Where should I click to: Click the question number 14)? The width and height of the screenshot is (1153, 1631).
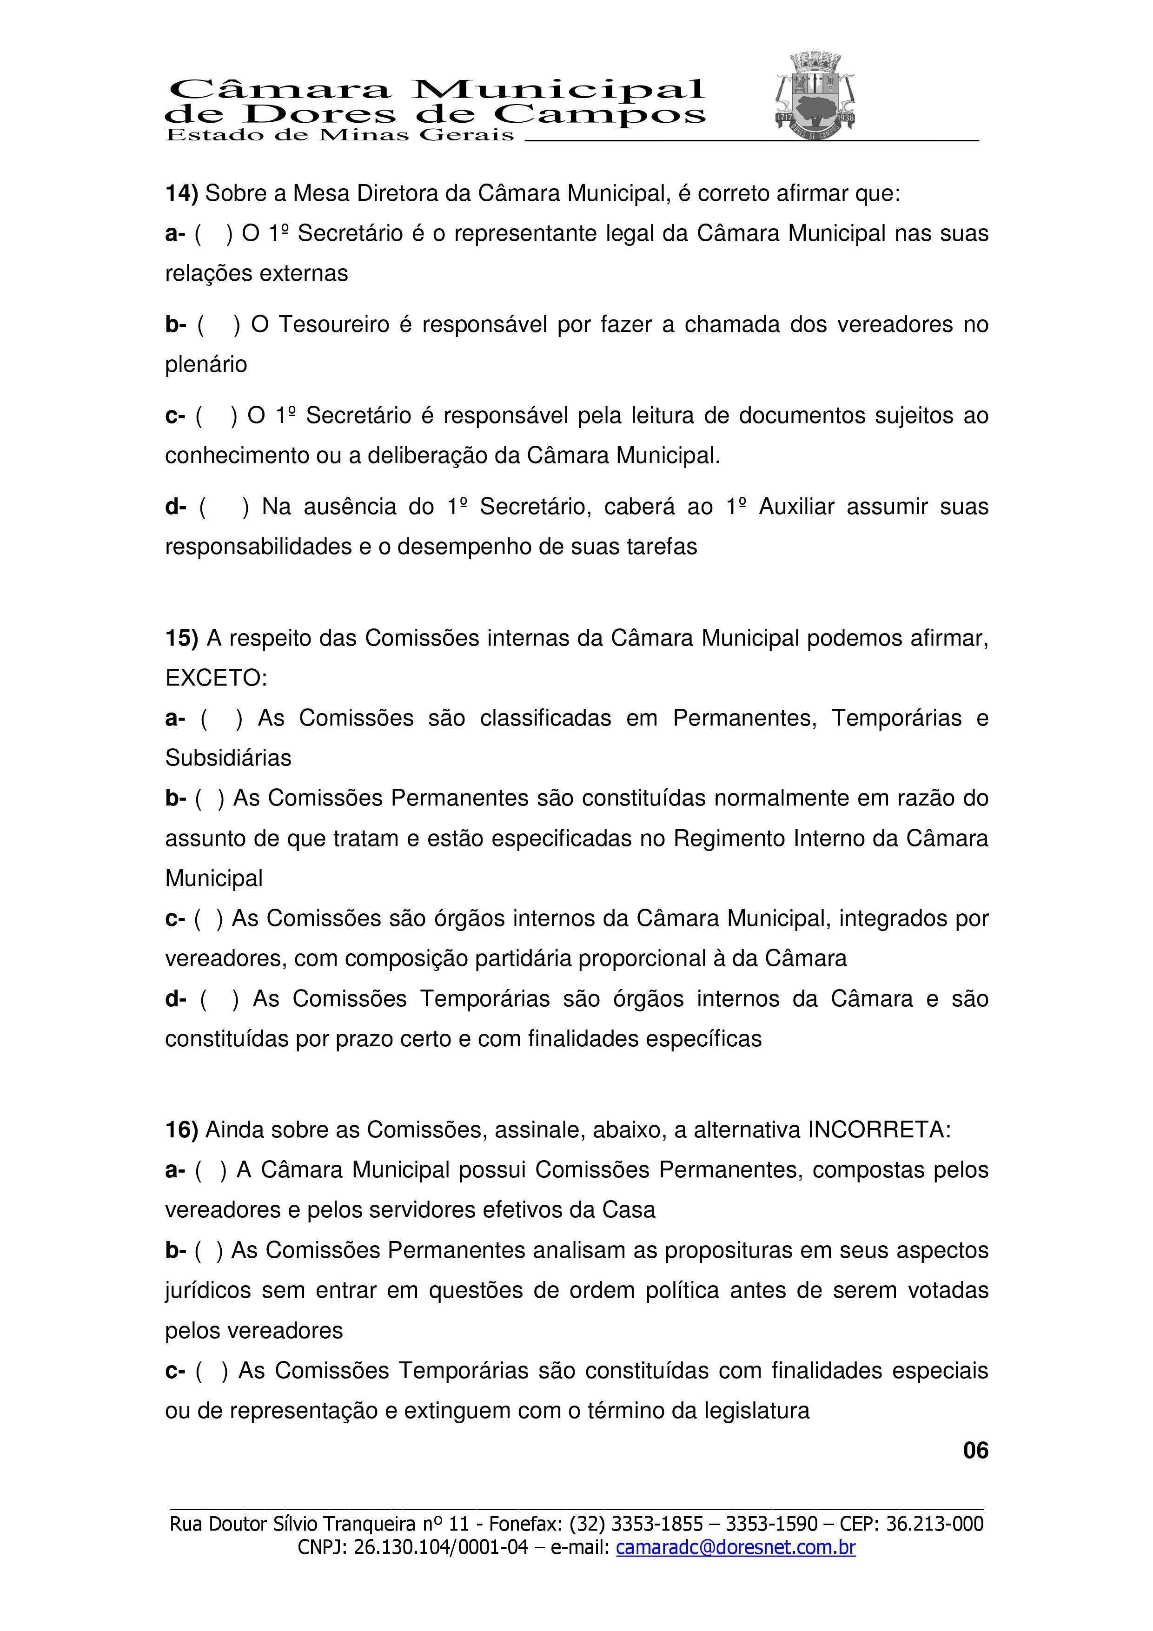pyautogui.click(x=181, y=193)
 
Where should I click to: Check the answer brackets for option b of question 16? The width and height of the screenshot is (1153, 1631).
pyautogui.click(x=209, y=1250)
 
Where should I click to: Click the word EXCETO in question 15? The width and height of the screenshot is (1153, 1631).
pyautogui.click(x=215, y=679)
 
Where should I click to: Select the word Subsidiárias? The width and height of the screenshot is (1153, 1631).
pyautogui.click(x=228, y=758)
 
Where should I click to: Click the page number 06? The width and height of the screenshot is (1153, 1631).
pyautogui.click(x=975, y=1451)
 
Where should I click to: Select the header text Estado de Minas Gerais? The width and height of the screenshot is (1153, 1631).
pyautogui.click(x=339, y=135)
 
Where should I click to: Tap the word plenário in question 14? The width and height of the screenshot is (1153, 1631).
pyautogui.click(x=206, y=364)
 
